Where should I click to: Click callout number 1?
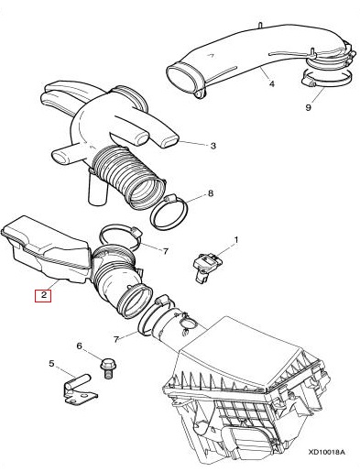pos(235,240)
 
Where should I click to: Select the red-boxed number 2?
pos(43,295)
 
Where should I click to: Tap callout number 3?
pos(213,146)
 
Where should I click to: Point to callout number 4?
pos(271,82)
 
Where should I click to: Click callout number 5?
pos(51,364)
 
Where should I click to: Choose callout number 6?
pos(79,346)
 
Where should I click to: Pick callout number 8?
pos(211,193)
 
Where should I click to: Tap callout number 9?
pos(308,107)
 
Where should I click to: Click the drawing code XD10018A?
pos(326,452)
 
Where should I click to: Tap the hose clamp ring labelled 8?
pos(169,211)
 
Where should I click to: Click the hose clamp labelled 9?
pos(327,78)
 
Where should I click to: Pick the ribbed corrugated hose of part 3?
pos(129,177)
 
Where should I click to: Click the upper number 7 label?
pos(165,251)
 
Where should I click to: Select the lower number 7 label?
pos(116,339)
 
